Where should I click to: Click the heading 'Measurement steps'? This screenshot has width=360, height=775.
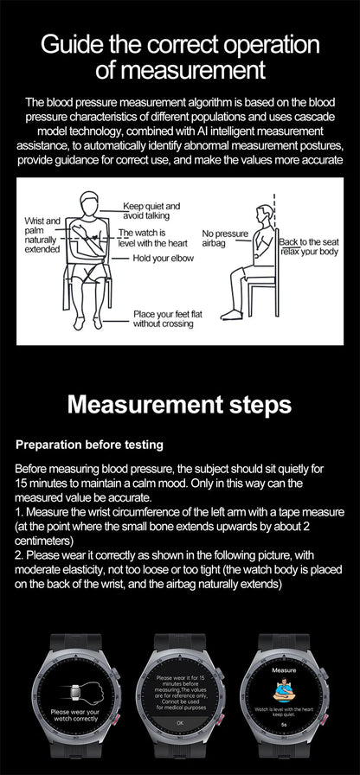point(180,405)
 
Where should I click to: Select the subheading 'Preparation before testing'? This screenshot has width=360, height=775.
point(90,445)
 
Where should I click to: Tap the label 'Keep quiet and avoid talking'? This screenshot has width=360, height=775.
point(151,211)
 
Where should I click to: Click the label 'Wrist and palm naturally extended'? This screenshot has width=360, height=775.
point(42,235)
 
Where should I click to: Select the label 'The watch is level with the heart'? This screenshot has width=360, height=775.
point(152,239)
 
